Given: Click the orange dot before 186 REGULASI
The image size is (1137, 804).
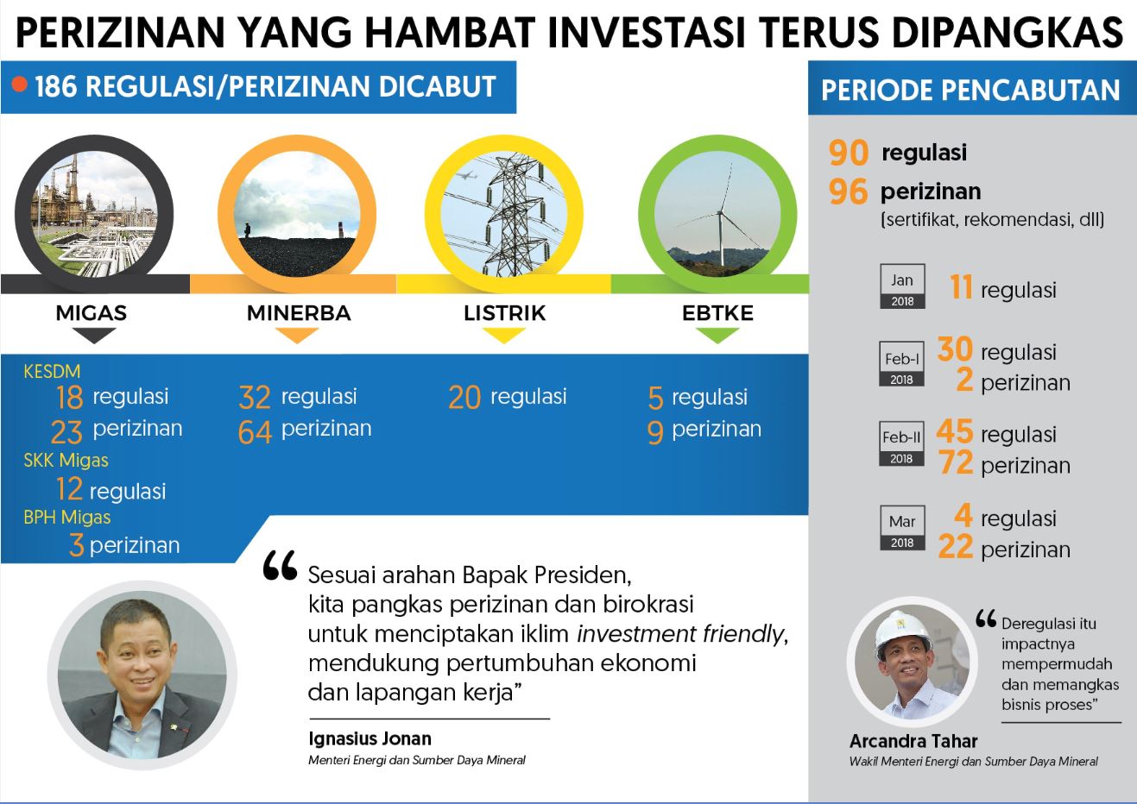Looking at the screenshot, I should (21, 85).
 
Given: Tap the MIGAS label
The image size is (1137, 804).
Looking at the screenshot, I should (92, 313).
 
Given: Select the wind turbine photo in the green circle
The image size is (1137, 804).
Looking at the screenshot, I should (717, 213).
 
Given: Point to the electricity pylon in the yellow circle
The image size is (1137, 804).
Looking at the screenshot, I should (513, 216).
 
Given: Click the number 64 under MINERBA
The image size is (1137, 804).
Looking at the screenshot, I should (255, 431).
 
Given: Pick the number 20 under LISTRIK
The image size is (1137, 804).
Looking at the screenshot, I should (464, 398).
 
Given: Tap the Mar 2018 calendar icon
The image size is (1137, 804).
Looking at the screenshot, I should (902, 528).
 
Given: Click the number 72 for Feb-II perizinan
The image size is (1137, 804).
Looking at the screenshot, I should (956, 464).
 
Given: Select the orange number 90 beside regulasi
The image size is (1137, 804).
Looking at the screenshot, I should (849, 153).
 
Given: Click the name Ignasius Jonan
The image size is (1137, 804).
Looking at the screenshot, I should (370, 739).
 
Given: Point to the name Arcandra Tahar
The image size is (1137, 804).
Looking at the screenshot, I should (913, 741).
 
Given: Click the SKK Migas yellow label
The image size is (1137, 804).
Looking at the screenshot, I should (66, 460).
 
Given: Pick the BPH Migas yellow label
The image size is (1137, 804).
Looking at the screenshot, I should (67, 518).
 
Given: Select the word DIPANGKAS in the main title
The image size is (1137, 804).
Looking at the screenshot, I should (1007, 33).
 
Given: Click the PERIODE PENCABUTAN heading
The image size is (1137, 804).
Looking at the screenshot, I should (970, 91).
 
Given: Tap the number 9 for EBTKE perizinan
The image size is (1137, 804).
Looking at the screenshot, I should (655, 431).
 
